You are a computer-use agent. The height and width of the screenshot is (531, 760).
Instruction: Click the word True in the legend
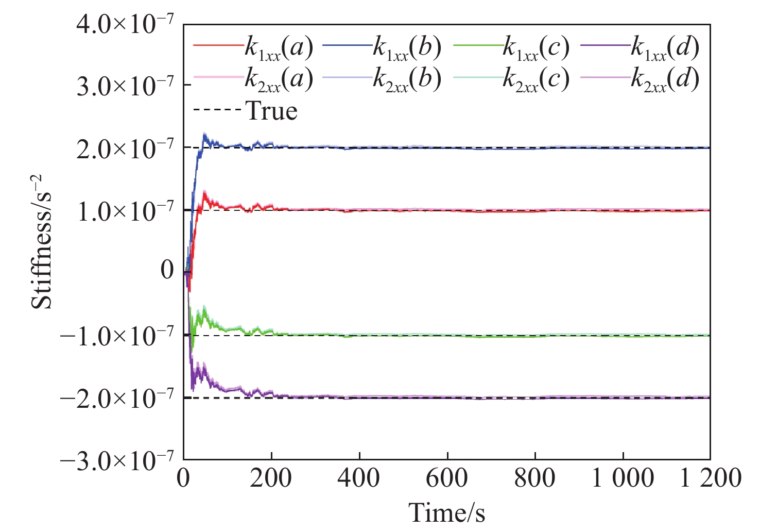[272, 111]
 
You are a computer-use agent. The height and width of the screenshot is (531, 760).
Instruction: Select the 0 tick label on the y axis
[167, 270]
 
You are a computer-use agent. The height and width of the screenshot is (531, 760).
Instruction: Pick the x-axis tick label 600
[447, 478]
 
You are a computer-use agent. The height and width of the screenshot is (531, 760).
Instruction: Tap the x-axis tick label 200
[271, 478]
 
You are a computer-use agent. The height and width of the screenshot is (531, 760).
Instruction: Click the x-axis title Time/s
[446, 513]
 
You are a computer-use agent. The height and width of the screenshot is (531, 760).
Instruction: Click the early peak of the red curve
[205, 192]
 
